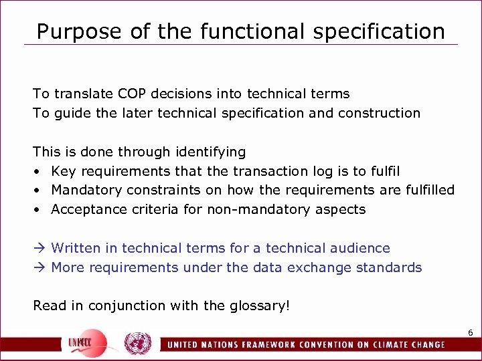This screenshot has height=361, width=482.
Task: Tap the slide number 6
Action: (x=470, y=332)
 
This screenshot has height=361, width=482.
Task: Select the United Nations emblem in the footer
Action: (x=138, y=343)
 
